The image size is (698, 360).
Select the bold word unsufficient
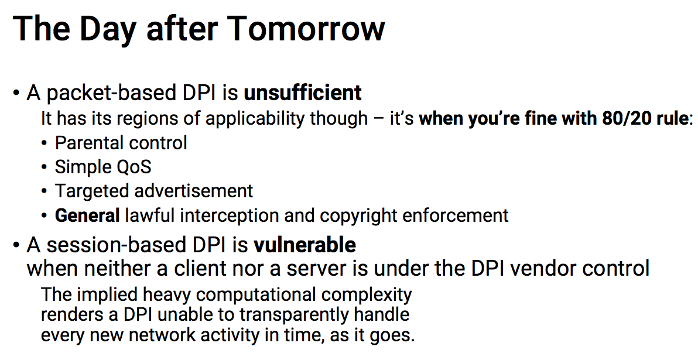[x=303, y=92]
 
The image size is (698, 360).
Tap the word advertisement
[x=193, y=191]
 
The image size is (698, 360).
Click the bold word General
[x=87, y=215]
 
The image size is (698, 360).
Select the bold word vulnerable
[x=304, y=245]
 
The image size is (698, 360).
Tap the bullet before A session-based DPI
[x=16, y=246]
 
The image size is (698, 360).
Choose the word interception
[x=230, y=216]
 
